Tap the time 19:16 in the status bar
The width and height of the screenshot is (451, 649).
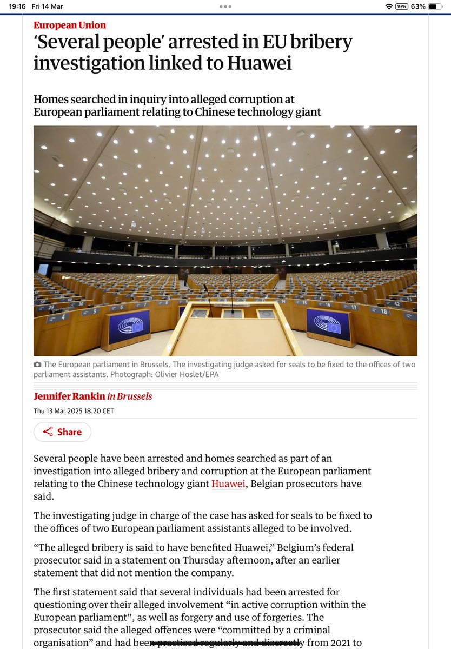pyautogui.click(x=19, y=6)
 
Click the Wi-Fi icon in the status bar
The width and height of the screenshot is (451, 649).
pyautogui.click(x=388, y=6)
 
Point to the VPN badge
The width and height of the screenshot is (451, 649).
pyautogui.click(x=402, y=6)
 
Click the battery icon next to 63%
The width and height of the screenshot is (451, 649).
pyautogui.click(x=435, y=6)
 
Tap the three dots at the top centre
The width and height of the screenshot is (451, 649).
pyautogui.click(x=225, y=6)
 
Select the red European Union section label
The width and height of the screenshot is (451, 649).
pyautogui.click(x=70, y=25)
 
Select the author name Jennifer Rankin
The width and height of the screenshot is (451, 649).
pyautogui.click(x=69, y=396)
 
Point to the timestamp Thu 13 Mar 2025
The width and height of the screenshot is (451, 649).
pyautogui.click(x=74, y=411)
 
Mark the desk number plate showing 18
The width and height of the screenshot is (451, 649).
pyautogui.click(x=384, y=312)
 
